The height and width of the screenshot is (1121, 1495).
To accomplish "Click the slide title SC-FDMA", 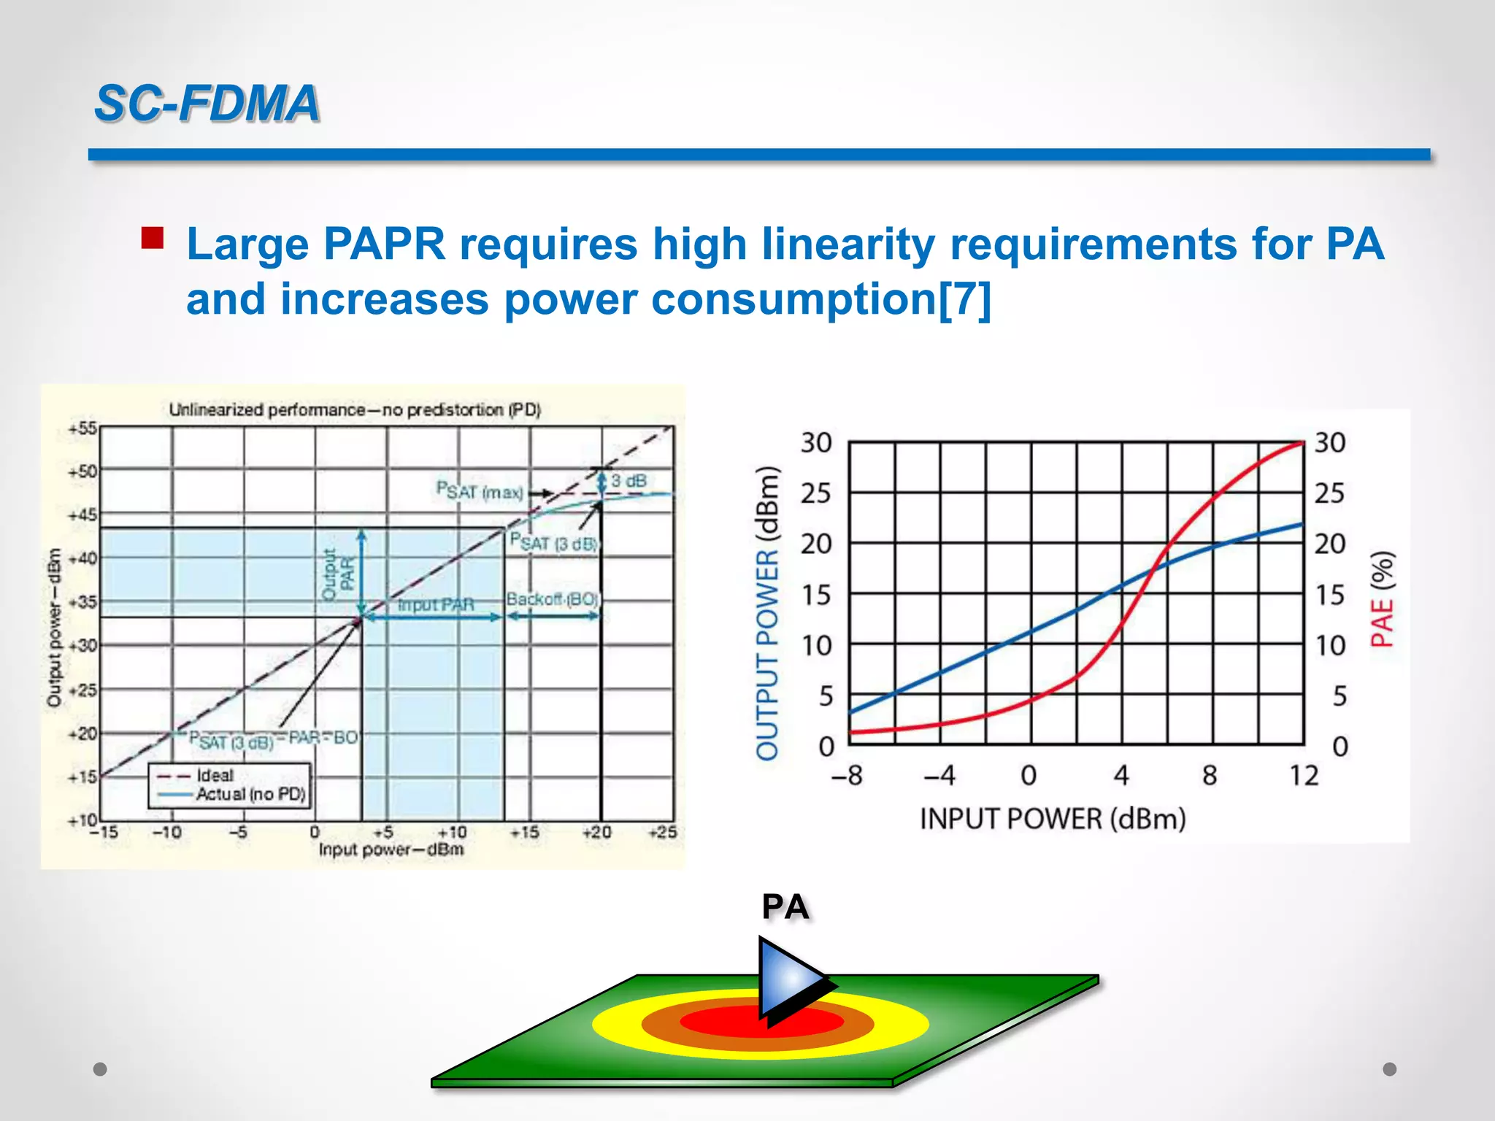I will point(207,103).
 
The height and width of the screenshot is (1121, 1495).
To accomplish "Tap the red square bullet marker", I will point(153,239).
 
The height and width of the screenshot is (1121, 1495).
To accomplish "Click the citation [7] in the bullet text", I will point(964,299).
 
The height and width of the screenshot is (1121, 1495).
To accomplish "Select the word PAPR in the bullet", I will point(384,244).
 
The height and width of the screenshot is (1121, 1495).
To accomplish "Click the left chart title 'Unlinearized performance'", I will point(355,410).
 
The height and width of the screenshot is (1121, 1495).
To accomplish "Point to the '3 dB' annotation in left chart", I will point(629,481).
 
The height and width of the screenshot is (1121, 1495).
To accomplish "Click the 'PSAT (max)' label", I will point(480,490).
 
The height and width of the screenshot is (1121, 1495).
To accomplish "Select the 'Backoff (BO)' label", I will point(553,599).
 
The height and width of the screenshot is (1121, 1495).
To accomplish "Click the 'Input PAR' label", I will point(436,605).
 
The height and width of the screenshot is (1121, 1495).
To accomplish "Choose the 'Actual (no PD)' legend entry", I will point(249,793).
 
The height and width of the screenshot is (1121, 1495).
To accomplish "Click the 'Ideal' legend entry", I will point(215,775).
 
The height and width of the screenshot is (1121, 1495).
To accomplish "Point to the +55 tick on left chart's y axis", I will point(82,428).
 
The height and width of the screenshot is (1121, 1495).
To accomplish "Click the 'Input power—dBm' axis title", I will point(391,850).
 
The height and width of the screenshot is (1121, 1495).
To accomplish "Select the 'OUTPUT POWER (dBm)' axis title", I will point(767,613).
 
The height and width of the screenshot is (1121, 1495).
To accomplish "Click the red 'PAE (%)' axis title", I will point(1382,599).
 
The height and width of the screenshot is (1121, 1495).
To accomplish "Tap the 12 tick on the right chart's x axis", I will point(1303,775).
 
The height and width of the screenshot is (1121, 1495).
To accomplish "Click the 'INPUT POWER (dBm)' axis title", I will point(1052,819).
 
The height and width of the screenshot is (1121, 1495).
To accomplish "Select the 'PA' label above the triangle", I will point(785,907).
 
